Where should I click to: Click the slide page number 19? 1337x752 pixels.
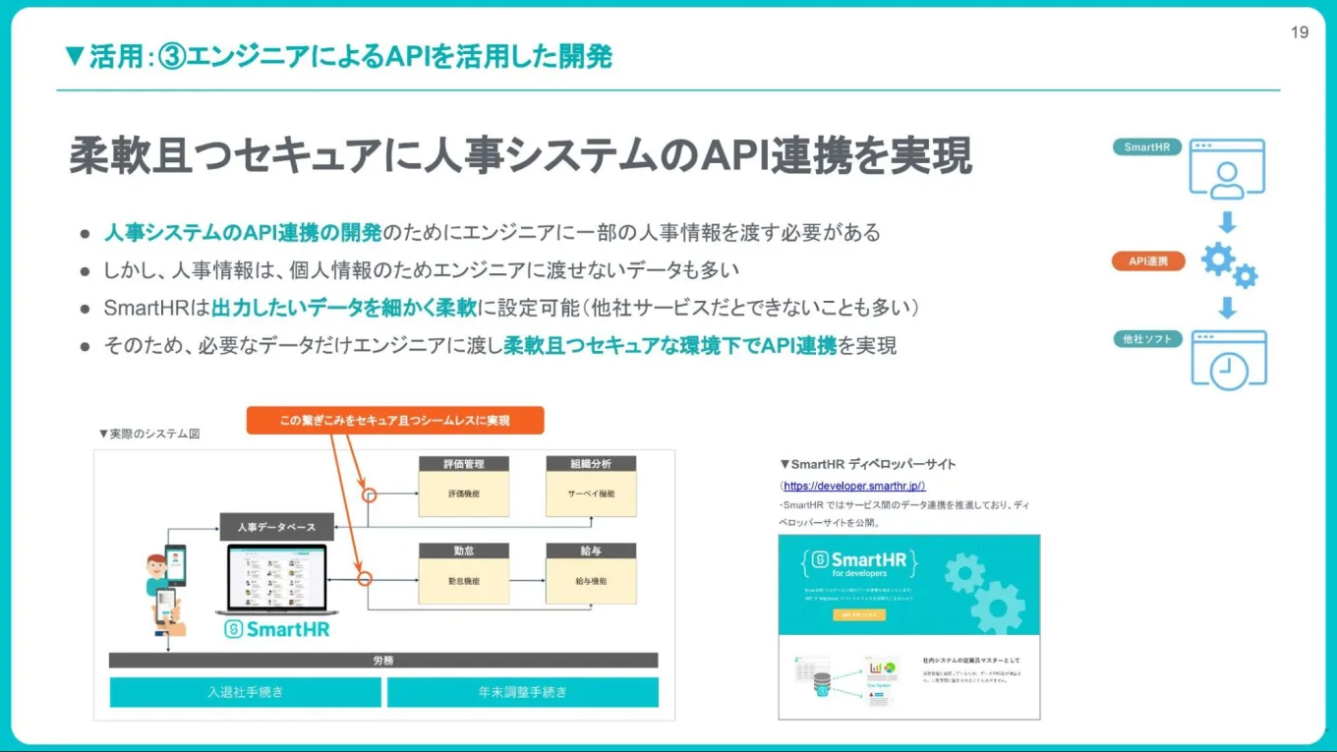click(x=1299, y=32)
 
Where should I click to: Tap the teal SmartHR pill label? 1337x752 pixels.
click(x=1146, y=147)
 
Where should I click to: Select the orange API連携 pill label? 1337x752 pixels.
click(x=1148, y=261)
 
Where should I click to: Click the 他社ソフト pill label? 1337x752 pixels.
click(x=1148, y=339)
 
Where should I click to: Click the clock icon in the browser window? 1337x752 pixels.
click(x=1229, y=370)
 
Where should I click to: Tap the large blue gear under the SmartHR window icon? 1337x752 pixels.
click(x=1218, y=259)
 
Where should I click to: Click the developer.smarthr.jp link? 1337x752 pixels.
click(x=854, y=486)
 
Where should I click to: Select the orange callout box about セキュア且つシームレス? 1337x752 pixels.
click(x=394, y=420)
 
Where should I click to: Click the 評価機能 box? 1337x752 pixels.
click(x=464, y=493)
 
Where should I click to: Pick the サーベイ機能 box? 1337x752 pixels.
click(x=591, y=493)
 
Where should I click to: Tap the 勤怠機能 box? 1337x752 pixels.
click(x=464, y=581)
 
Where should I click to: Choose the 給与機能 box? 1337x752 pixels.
click(x=591, y=581)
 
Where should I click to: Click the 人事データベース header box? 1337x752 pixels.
click(x=276, y=527)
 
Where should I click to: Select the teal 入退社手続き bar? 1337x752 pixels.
click(x=245, y=692)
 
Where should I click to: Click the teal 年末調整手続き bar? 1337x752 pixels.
click(x=523, y=692)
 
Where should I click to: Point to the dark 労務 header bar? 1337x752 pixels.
click(x=383, y=661)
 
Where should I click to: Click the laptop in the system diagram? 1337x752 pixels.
click(x=276, y=580)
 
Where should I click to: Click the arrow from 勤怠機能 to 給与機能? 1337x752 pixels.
click(x=528, y=581)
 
